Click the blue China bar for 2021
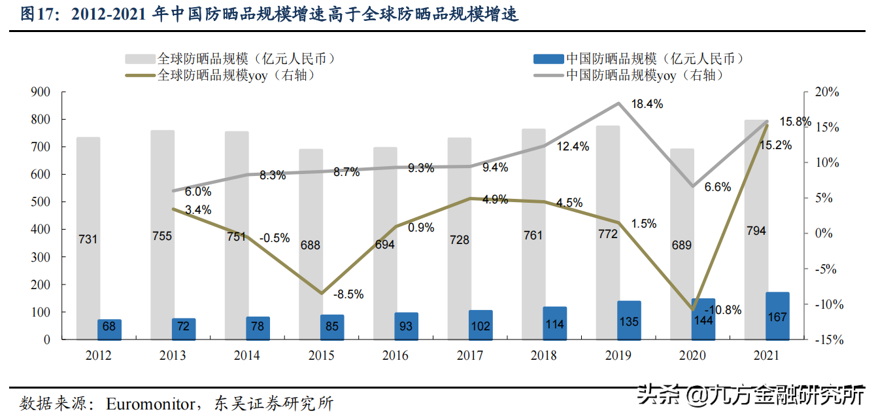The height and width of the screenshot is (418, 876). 777,316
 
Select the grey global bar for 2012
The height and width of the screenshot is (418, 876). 88,238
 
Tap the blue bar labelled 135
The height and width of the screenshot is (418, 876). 629,321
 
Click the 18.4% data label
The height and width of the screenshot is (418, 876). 647,104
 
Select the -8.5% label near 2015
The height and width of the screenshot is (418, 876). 348,294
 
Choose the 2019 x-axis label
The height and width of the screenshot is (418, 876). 618,356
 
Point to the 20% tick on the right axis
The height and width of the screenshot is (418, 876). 828,92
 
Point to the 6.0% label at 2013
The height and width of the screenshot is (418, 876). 198,192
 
